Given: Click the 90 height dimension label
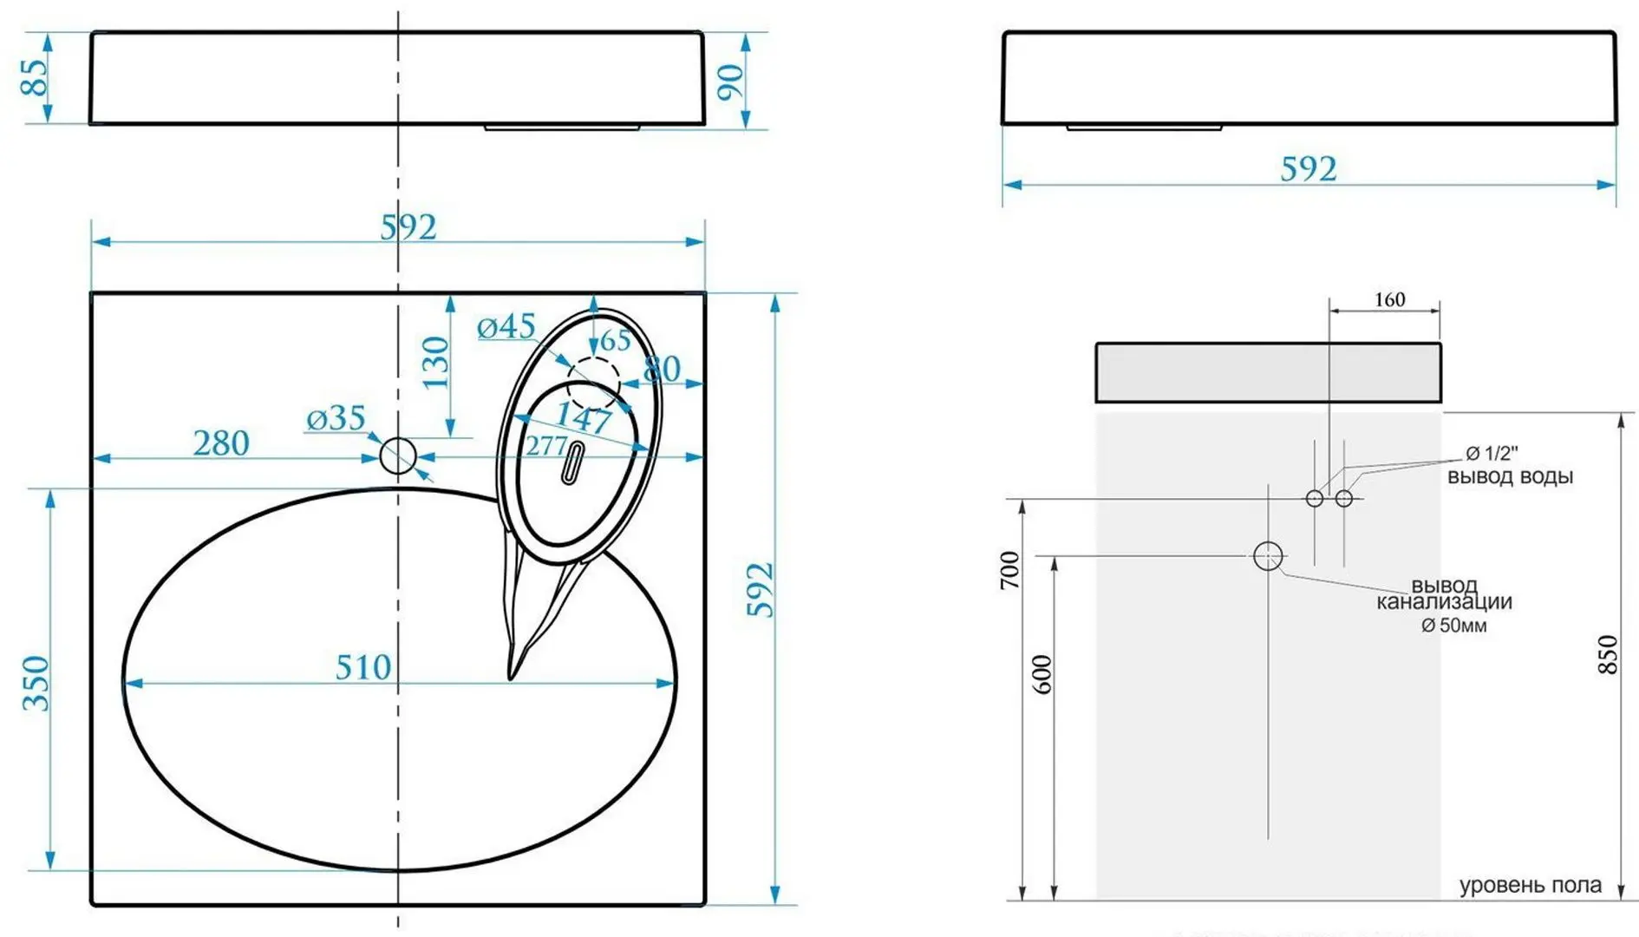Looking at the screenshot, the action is [731, 82].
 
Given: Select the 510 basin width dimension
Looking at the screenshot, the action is [363, 667].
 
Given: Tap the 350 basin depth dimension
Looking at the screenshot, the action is [36, 684].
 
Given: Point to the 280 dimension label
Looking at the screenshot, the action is [221, 443].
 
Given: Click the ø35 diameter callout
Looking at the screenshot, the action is [336, 418].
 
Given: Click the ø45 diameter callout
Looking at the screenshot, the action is [506, 326].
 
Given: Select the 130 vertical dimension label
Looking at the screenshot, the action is [435, 362].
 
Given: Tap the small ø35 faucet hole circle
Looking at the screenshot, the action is [398, 455].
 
